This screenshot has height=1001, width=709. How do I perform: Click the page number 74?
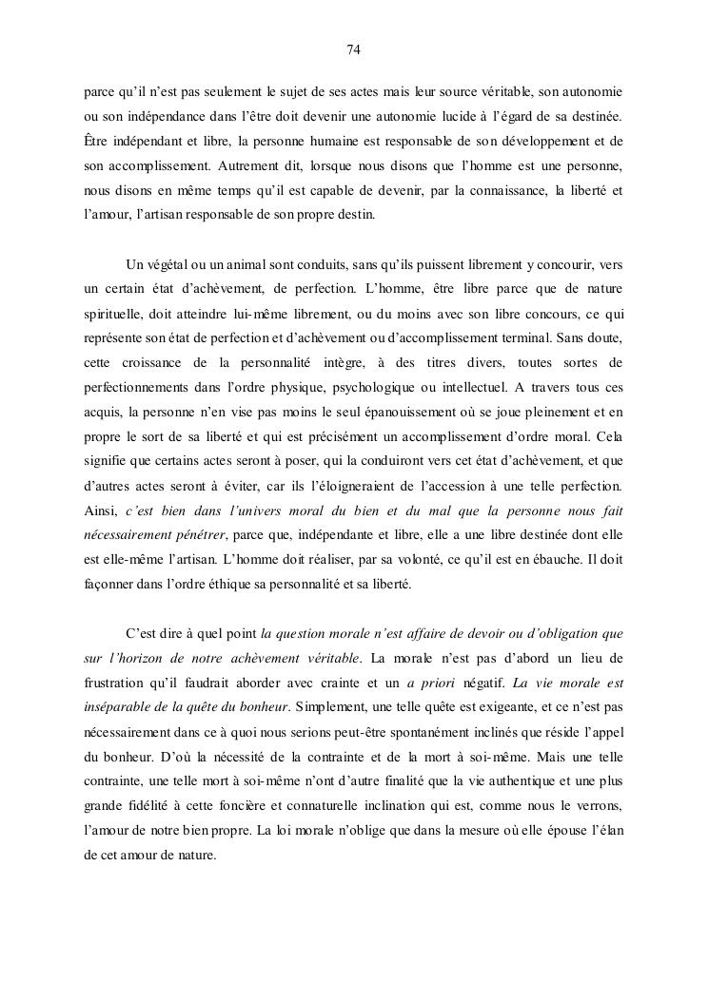point(354,49)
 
